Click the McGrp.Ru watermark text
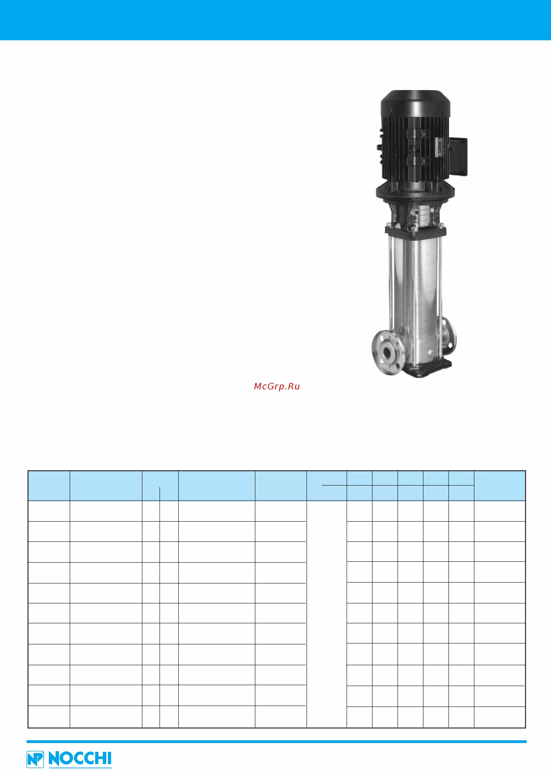276,386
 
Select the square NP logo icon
35,759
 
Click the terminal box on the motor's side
458,157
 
